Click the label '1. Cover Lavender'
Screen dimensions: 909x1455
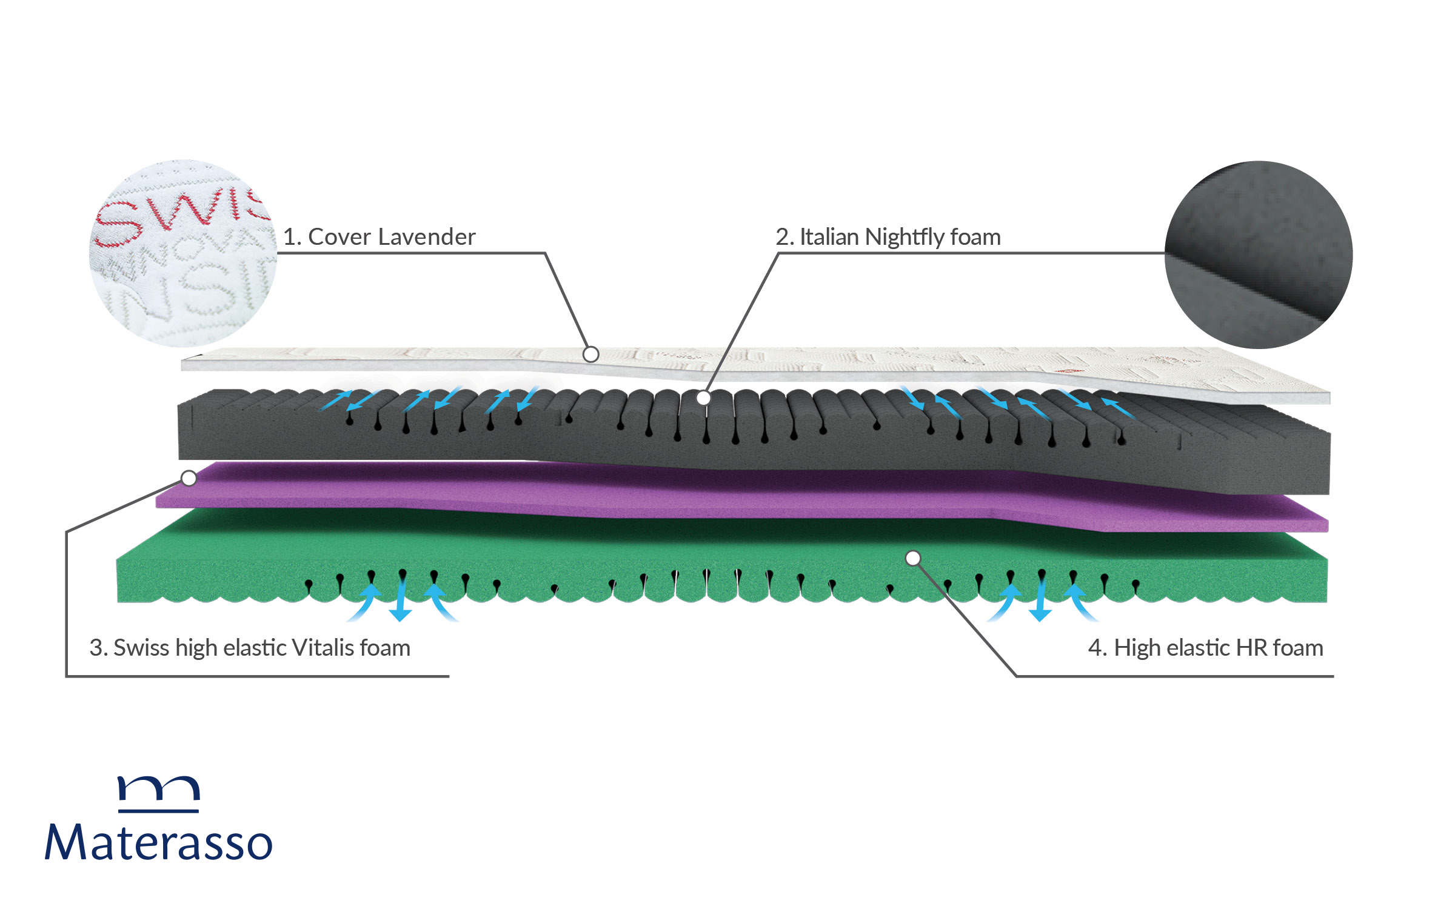[380, 237]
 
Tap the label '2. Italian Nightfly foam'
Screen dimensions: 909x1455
[888, 237]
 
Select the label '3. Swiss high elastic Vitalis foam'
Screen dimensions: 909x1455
[250, 648]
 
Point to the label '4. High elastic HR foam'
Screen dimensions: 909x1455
[1205, 648]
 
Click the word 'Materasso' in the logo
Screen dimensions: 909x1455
[159, 842]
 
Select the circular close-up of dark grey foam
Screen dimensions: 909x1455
[1259, 255]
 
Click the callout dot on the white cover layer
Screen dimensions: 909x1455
[590, 354]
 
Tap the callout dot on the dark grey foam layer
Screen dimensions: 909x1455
[703, 398]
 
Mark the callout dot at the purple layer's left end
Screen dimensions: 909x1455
[189, 478]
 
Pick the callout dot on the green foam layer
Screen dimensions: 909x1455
[913, 558]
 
